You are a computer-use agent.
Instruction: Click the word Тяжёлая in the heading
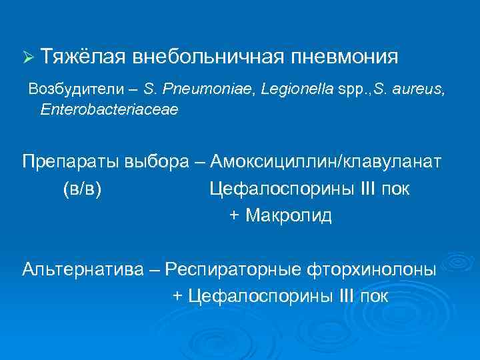[82, 57]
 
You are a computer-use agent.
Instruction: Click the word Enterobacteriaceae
[109, 109]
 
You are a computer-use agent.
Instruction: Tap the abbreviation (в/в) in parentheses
[82, 189]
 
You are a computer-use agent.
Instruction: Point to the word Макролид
[289, 216]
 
